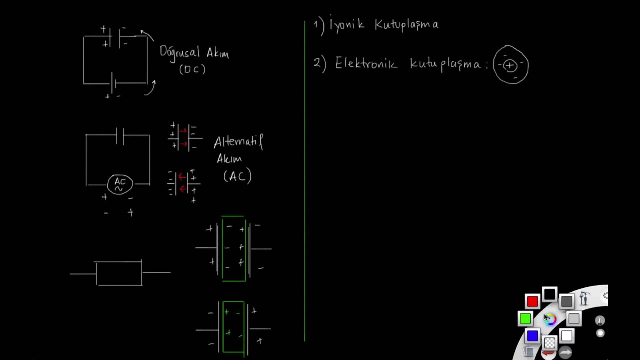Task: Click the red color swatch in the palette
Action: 532,301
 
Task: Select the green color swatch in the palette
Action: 525,318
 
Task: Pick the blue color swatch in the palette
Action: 532,335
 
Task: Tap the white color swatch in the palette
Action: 567,335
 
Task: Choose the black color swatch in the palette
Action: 549,294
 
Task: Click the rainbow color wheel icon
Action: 550,319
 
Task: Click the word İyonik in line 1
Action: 347,24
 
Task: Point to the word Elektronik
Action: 366,63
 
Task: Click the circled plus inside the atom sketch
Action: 510,66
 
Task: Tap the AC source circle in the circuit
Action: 120,184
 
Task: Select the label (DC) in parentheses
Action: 192,69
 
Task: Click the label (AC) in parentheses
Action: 237,176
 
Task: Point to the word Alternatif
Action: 238,142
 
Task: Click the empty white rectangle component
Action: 119,273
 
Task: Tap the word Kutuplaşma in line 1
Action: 407,25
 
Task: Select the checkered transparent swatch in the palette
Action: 549,342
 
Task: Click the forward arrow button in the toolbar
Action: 565,353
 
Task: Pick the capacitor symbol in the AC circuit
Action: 120,136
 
